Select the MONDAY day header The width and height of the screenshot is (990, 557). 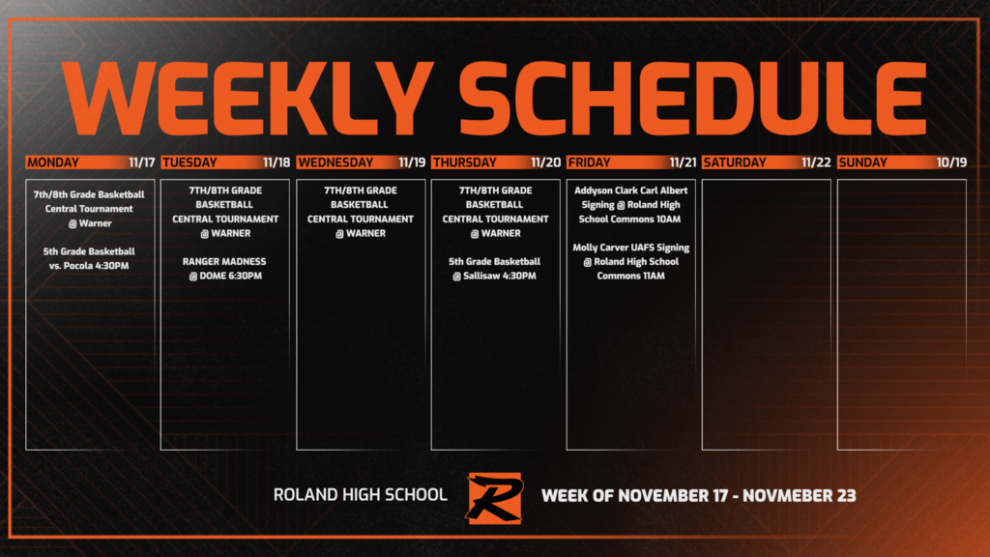[x=53, y=162]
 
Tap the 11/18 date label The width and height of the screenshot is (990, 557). [x=276, y=162]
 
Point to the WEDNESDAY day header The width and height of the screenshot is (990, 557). [x=335, y=162]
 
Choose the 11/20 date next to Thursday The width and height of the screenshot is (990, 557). [x=546, y=162]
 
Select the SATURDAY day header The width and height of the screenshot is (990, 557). [x=735, y=162]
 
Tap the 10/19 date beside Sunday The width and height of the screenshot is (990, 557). [x=951, y=162]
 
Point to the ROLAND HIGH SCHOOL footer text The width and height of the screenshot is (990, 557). [x=360, y=495]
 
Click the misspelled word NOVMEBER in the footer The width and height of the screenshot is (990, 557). [x=782, y=496]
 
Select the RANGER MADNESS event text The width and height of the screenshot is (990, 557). [x=224, y=261]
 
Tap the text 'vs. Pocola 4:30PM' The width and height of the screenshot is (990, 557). [x=88, y=265]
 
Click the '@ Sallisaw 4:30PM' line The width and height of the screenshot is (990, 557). [x=495, y=276]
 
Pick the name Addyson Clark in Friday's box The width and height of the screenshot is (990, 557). [x=607, y=191]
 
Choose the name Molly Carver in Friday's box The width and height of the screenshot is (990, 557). [x=604, y=248]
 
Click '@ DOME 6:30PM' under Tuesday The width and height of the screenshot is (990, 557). [x=224, y=276]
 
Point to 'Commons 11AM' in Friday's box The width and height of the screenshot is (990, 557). [x=630, y=276]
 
